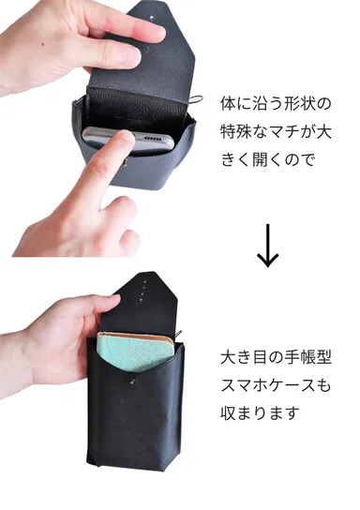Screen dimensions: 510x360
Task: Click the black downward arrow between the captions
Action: coord(268,245)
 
